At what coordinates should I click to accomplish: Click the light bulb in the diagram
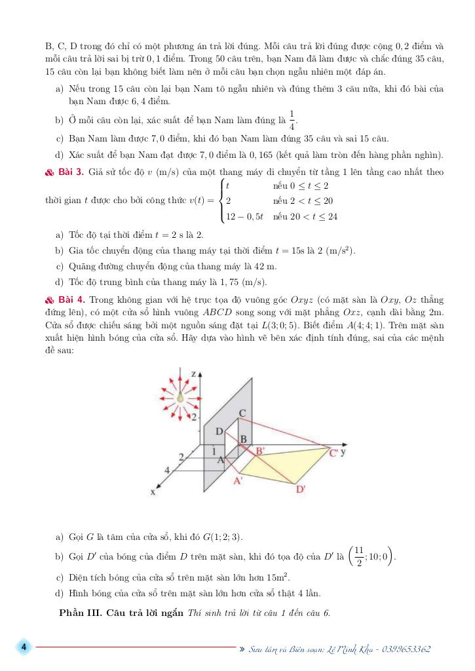[181, 396]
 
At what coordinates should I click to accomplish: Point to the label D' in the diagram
[301, 489]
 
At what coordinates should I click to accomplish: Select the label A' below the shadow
[238, 480]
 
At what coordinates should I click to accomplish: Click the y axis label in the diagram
[344, 451]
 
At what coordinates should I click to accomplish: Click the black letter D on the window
[219, 431]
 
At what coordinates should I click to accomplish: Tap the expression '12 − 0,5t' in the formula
[244, 216]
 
